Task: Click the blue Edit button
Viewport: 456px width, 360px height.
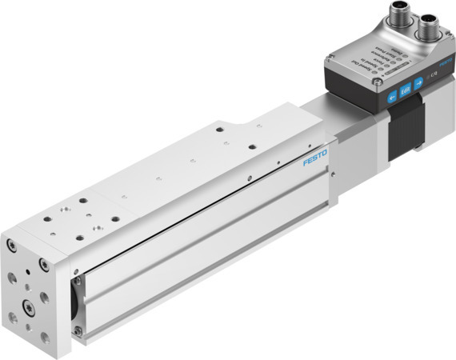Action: tap(406, 90)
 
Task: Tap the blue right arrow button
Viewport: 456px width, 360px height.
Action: tap(419, 82)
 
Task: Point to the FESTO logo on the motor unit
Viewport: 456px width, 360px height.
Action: tap(446, 62)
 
